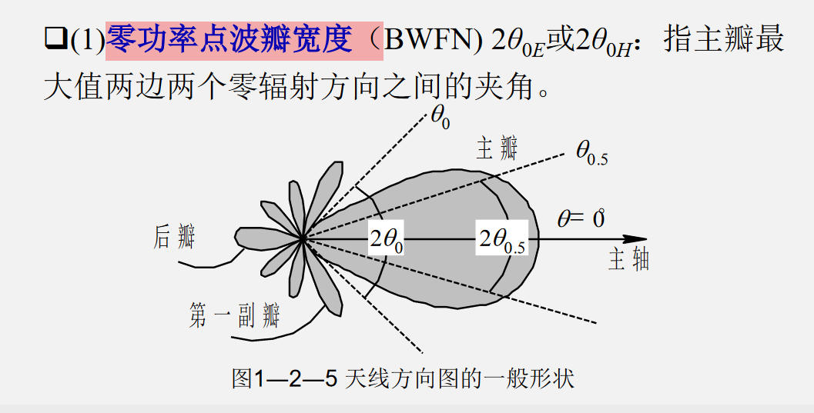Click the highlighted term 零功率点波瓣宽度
coord(243,40)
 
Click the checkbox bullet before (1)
coord(55,40)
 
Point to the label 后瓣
coord(174,235)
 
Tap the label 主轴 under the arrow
coord(628,259)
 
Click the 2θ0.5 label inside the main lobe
coord(501,240)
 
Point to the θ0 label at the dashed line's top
coord(440,119)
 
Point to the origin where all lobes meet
coord(303,240)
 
